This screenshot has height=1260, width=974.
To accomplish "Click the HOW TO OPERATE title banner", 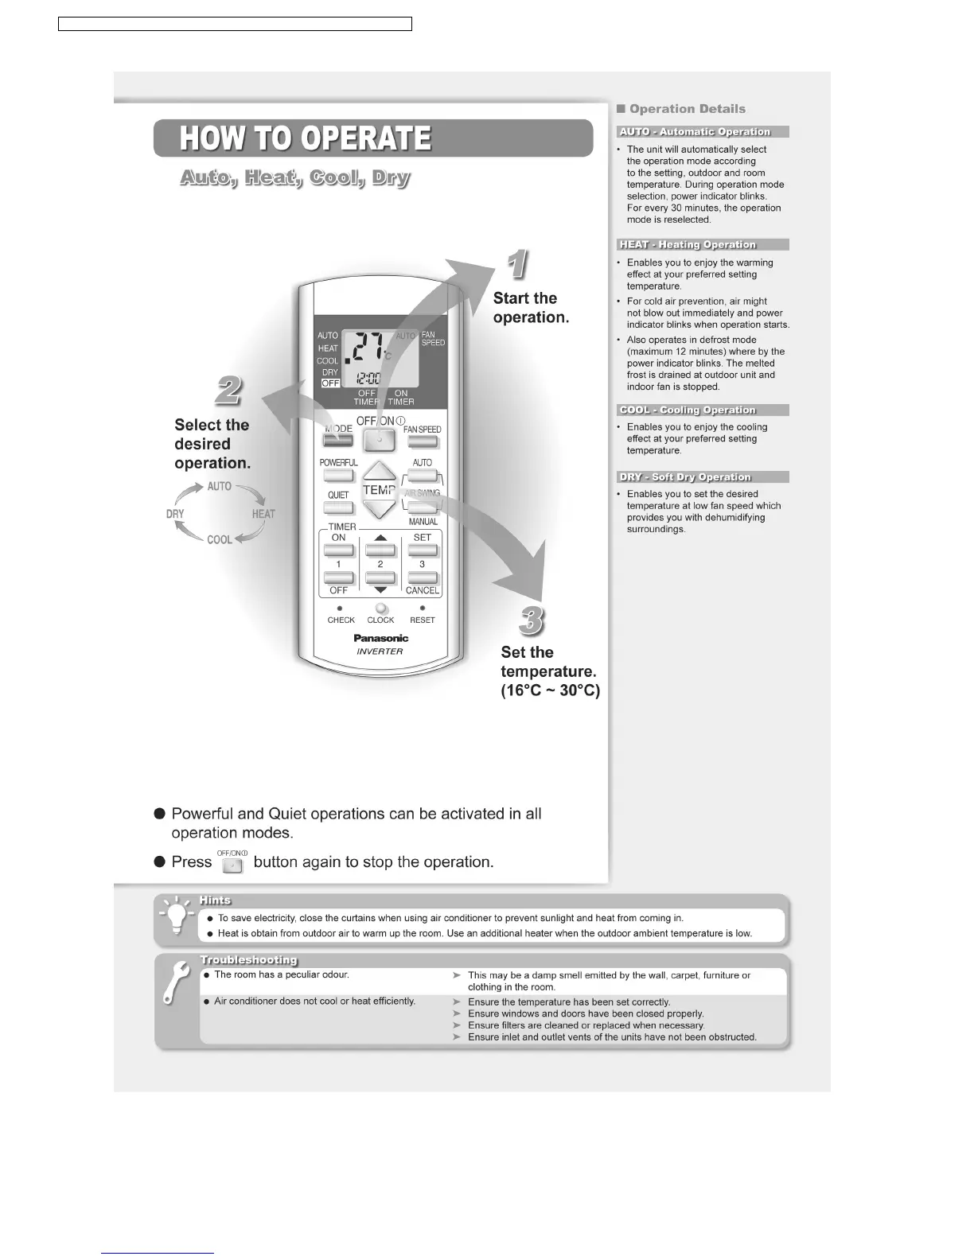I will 372,138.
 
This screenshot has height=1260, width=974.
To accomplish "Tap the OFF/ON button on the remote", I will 380,440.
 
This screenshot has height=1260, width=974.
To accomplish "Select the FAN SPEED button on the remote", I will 422,442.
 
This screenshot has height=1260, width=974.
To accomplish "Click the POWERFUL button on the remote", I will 338,476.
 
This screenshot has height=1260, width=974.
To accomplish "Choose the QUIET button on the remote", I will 338,508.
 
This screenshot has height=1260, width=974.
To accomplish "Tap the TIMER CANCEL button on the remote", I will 422,578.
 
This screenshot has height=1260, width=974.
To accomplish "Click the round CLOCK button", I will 381,609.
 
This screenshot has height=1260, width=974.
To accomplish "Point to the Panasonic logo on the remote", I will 380,638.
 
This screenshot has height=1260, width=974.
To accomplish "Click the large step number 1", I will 517,265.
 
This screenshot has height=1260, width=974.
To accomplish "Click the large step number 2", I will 228,391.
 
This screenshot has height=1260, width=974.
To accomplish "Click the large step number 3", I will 532,620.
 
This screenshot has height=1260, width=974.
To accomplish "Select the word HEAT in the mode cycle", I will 263,514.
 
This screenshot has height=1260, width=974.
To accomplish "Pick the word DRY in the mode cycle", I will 175,514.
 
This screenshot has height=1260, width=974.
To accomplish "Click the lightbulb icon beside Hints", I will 176,917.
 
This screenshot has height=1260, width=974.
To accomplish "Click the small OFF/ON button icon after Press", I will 232,865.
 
